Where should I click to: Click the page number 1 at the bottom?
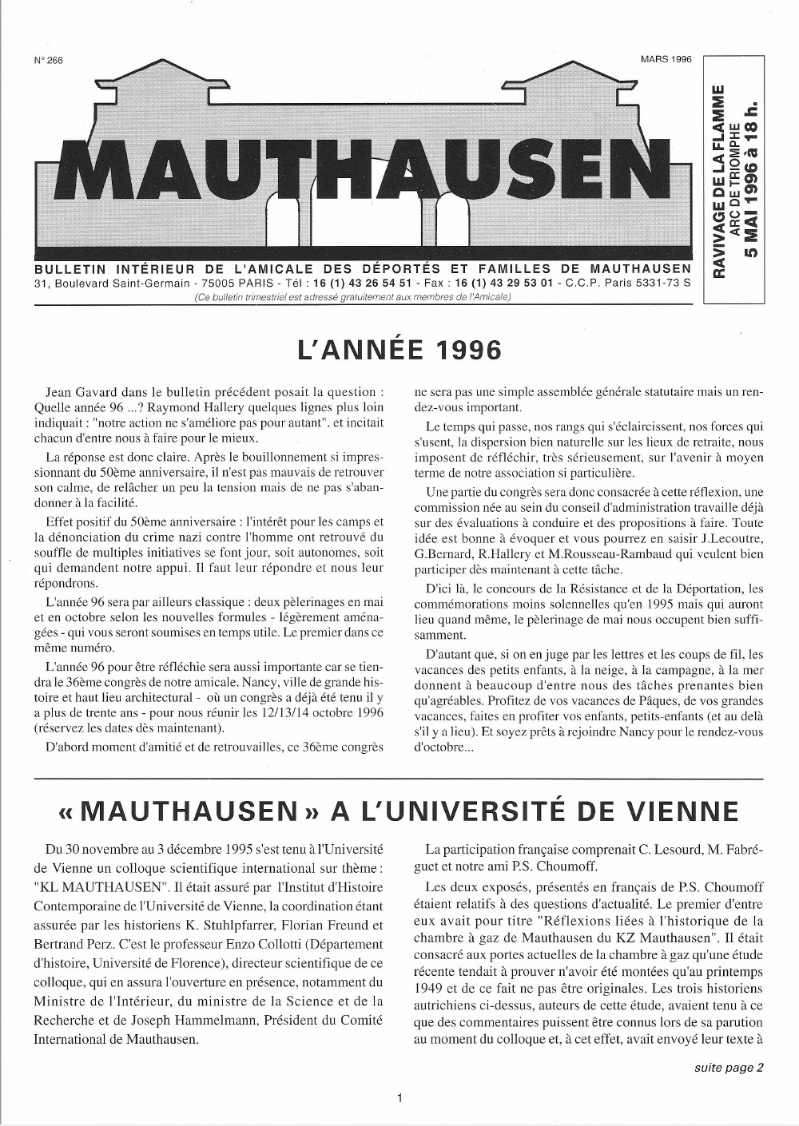(x=399, y=1098)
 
